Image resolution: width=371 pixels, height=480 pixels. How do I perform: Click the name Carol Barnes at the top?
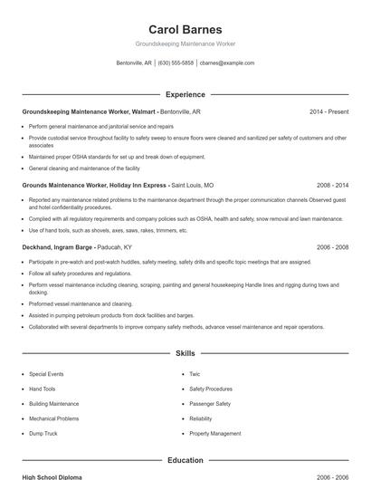coord(185,29)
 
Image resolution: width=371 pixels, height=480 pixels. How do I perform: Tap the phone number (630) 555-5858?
coord(176,63)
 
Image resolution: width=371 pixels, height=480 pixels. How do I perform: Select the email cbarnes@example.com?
coord(227,63)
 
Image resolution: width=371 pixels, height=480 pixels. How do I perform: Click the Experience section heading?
coord(185,94)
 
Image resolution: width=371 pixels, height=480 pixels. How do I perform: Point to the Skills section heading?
coord(185,353)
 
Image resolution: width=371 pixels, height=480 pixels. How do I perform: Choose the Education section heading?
coord(185,460)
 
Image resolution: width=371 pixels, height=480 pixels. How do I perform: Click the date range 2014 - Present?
coord(328,111)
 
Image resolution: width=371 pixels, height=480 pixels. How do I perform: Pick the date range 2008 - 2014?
coord(332,185)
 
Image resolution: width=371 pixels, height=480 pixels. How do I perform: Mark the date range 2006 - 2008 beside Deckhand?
coord(332,247)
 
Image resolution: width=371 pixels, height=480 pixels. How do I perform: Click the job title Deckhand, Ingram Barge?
coord(57,247)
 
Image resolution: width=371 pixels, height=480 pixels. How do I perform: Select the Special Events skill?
coord(46,374)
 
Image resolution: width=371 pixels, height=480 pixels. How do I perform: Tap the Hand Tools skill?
coord(43,389)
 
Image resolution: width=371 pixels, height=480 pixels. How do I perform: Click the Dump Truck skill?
coord(43,434)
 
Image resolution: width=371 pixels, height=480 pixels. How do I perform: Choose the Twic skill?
coord(195,374)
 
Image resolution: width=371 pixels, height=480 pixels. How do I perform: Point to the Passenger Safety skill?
coord(210,404)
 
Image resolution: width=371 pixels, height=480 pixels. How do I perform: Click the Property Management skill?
coord(215,434)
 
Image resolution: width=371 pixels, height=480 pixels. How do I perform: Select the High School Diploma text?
coord(52,476)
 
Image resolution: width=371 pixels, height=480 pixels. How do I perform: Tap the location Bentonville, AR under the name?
coord(135,63)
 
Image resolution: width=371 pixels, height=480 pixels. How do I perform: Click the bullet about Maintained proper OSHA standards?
coord(117,157)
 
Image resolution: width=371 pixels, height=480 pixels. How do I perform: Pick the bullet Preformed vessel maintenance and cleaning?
coord(81,304)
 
